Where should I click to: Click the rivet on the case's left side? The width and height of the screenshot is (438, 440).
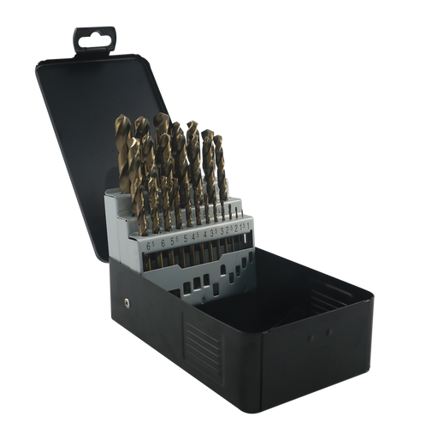point(126,301)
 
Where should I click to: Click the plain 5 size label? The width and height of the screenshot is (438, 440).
point(186,239)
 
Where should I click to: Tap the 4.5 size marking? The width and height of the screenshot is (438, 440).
point(197,236)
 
